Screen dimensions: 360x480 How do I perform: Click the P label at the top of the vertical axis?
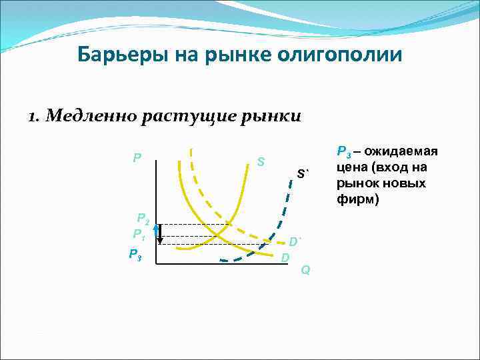[137, 159]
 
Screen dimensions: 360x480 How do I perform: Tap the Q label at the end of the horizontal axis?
[305, 270]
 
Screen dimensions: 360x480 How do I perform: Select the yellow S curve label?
[261, 162]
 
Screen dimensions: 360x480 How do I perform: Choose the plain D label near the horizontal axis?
[285, 257]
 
